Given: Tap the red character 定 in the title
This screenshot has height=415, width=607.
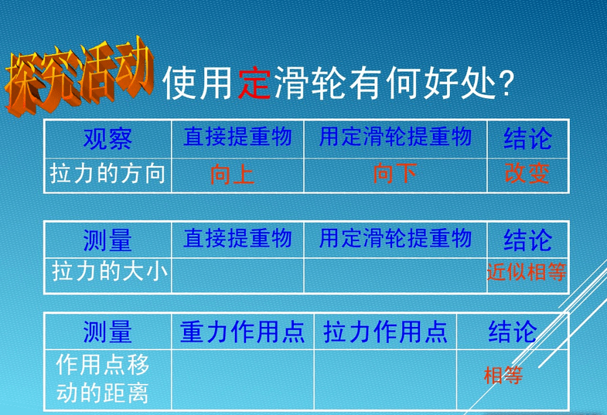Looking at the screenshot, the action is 254,83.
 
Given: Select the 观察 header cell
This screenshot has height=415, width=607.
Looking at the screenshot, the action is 107,139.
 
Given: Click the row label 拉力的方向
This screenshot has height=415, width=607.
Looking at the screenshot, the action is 107,173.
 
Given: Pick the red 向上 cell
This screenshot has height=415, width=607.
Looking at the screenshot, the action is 232,174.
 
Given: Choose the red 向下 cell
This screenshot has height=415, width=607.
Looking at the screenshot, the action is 395,173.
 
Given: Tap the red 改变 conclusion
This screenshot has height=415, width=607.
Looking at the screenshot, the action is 527,173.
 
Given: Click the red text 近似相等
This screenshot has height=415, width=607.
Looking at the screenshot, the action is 527,272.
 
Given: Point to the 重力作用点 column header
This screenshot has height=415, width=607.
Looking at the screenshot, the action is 242,332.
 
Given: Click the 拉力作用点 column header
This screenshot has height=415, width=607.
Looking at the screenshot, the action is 386,332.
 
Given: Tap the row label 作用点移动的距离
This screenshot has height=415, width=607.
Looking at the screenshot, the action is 103,379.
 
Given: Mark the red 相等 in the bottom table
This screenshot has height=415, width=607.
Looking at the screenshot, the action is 503,375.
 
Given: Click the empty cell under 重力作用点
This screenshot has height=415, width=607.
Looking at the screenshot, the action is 243,379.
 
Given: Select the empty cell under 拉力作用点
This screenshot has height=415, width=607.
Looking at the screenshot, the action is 386,379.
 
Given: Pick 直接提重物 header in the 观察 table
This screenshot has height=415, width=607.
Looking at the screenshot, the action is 237,137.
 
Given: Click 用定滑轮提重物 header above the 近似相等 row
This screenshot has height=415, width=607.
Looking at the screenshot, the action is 395,238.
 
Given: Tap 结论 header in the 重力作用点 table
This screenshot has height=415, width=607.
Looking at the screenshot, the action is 513,332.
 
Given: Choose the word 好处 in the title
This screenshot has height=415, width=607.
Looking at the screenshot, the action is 459,83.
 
